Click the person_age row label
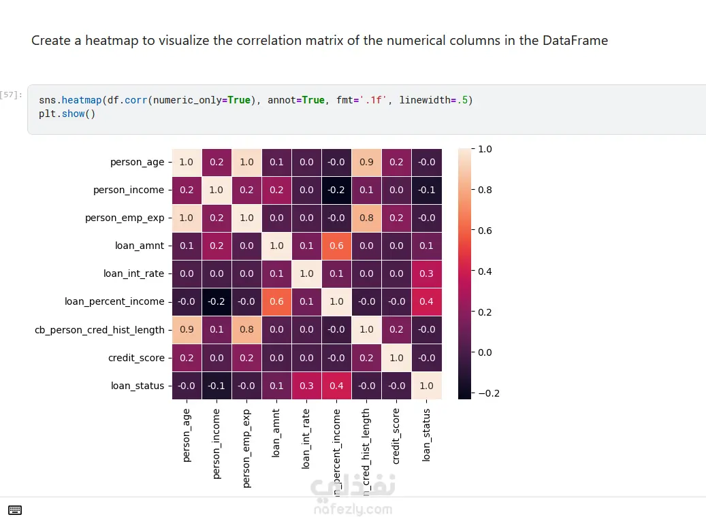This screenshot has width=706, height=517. (137, 162)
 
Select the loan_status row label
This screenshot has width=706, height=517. (138, 386)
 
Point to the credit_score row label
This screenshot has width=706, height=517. (135, 358)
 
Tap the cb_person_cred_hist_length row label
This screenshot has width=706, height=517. (99, 330)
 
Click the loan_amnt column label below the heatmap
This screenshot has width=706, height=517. (276, 432)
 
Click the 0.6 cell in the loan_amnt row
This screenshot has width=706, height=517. (336, 246)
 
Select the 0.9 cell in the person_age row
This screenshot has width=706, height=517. (366, 162)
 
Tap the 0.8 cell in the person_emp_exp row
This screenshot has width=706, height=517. (366, 218)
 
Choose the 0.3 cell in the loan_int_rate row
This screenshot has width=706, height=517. (426, 273)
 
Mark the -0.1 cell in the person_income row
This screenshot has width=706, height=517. (426, 190)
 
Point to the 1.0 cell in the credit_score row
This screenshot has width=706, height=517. (396, 358)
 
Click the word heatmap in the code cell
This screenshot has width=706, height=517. (82, 100)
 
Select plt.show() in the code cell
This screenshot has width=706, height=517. (67, 114)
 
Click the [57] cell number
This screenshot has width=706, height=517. (12, 95)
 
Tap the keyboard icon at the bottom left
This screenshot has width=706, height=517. (15, 510)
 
